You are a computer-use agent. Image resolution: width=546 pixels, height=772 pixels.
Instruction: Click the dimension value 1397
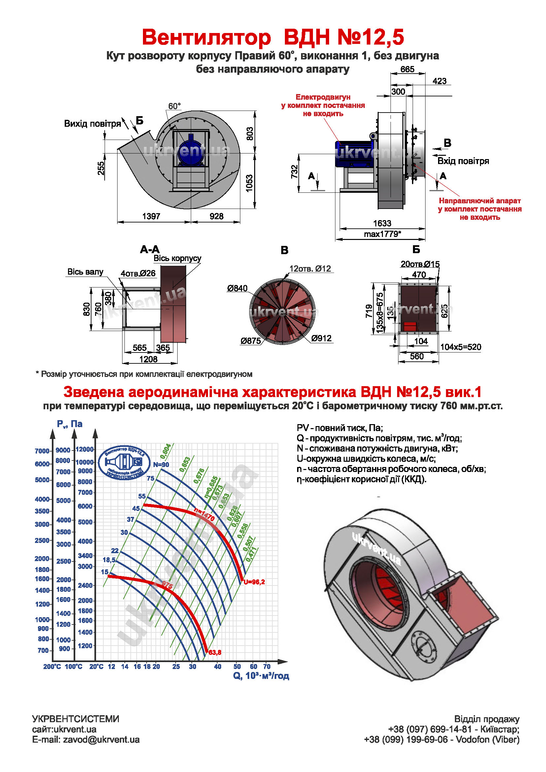pos(151,216)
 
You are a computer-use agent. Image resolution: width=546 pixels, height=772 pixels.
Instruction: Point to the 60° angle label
pos(174,106)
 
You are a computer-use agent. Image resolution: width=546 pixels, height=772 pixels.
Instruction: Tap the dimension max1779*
pos(382,234)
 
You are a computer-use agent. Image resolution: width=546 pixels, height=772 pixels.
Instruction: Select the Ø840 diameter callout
pos(237,288)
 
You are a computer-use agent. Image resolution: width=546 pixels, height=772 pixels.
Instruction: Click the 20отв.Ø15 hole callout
pos(420,264)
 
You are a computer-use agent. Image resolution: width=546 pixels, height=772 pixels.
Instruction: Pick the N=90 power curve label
pos(161,465)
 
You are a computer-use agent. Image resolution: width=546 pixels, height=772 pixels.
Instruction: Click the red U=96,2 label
pos(254,582)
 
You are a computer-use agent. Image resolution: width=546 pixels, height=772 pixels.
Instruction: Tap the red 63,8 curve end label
pos(215,652)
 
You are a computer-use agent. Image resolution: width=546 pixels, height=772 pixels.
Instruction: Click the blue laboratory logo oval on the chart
pos(124,463)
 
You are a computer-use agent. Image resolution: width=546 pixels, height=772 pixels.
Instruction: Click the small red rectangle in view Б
pos(410,326)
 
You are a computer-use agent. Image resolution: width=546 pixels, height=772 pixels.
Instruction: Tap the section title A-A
pos(150,250)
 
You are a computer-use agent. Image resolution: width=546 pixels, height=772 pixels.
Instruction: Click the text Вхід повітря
pos(463,161)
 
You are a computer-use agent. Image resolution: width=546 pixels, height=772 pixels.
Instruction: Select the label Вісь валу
pos(85,272)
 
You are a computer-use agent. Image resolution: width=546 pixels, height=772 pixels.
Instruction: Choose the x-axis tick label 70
pos(267,666)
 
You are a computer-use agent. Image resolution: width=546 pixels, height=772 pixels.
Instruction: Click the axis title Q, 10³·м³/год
pos(261,676)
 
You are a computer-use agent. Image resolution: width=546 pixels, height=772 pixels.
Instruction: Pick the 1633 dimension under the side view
pos(382,223)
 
